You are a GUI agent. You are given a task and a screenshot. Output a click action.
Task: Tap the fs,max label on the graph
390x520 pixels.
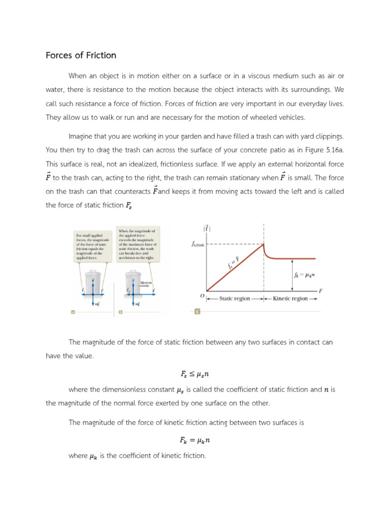pos(198,244)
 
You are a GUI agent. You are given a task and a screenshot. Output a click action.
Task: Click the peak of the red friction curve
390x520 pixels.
pos(264,244)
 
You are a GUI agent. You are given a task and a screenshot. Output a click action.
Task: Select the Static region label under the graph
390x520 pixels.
pos(234,299)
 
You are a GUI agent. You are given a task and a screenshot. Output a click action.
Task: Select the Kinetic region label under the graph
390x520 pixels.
pos(290,299)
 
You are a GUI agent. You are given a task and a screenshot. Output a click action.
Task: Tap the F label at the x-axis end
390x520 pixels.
pos(321,291)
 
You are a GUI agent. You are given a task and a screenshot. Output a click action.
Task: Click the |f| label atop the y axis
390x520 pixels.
pos(207,229)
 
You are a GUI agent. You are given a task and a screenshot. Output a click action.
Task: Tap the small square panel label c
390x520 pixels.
pos(197,312)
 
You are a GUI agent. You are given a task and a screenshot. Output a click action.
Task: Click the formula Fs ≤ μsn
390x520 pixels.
pos(194,374)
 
